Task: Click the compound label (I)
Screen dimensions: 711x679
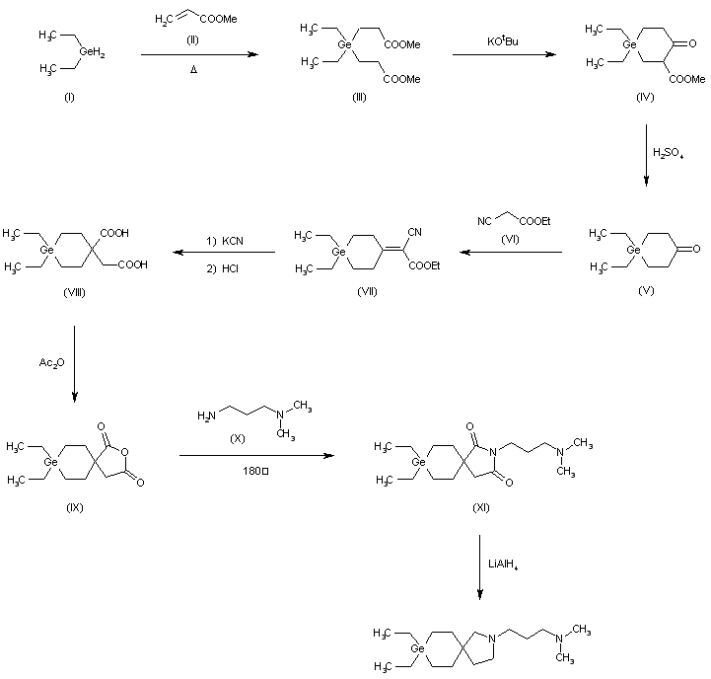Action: (x=69, y=97)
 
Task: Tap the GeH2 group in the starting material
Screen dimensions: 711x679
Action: (x=92, y=52)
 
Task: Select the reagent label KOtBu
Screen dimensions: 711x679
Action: (x=503, y=41)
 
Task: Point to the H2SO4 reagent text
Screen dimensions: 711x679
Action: (x=668, y=153)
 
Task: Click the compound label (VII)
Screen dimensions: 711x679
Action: (x=367, y=291)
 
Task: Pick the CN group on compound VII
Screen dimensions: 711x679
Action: (x=414, y=232)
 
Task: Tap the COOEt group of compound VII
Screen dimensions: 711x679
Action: (x=424, y=265)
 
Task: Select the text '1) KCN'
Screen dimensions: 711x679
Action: (x=225, y=241)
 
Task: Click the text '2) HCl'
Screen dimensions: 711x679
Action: (x=222, y=268)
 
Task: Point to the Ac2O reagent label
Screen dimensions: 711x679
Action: (x=51, y=362)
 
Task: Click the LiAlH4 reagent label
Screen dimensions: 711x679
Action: (x=503, y=565)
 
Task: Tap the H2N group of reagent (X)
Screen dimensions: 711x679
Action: (x=206, y=415)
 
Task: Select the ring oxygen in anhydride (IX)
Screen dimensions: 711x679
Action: (x=125, y=452)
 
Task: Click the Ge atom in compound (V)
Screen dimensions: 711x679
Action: (x=633, y=250)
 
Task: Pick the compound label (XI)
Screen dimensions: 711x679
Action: (x=481, y=507)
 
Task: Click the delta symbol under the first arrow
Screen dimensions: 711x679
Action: (x=193, y=70)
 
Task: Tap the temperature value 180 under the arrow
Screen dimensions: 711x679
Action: (x=250, y=471)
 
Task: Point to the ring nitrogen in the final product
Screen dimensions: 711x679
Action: (x=492, y=639)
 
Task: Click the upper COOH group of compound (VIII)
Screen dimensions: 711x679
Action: (x=114, y=233)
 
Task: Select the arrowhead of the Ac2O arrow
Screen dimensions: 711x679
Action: (x=74, y=397)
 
